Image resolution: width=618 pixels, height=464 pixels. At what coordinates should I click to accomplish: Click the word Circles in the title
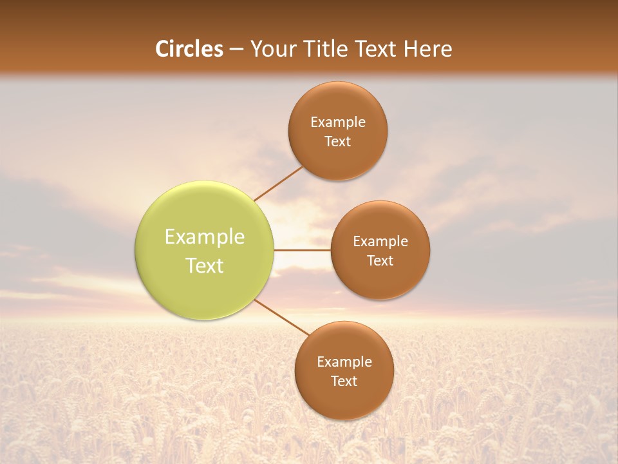189,49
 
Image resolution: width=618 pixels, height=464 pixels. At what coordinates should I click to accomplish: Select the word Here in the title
427,49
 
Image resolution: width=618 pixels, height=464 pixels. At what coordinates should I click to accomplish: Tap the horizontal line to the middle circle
303,250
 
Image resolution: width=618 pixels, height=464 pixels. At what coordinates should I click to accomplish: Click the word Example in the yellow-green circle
205,237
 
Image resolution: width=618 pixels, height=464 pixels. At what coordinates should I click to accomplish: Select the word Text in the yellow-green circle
205,266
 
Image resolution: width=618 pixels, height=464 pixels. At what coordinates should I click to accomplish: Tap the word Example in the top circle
338,122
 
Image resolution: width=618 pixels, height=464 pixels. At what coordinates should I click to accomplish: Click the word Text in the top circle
337,142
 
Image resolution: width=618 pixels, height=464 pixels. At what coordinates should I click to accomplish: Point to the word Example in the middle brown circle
380,242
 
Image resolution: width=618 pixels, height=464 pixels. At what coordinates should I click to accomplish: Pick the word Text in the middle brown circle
380,261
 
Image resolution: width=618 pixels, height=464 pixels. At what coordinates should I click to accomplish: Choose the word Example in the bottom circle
344,362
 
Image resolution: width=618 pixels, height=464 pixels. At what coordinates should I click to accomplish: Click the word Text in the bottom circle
344,382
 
